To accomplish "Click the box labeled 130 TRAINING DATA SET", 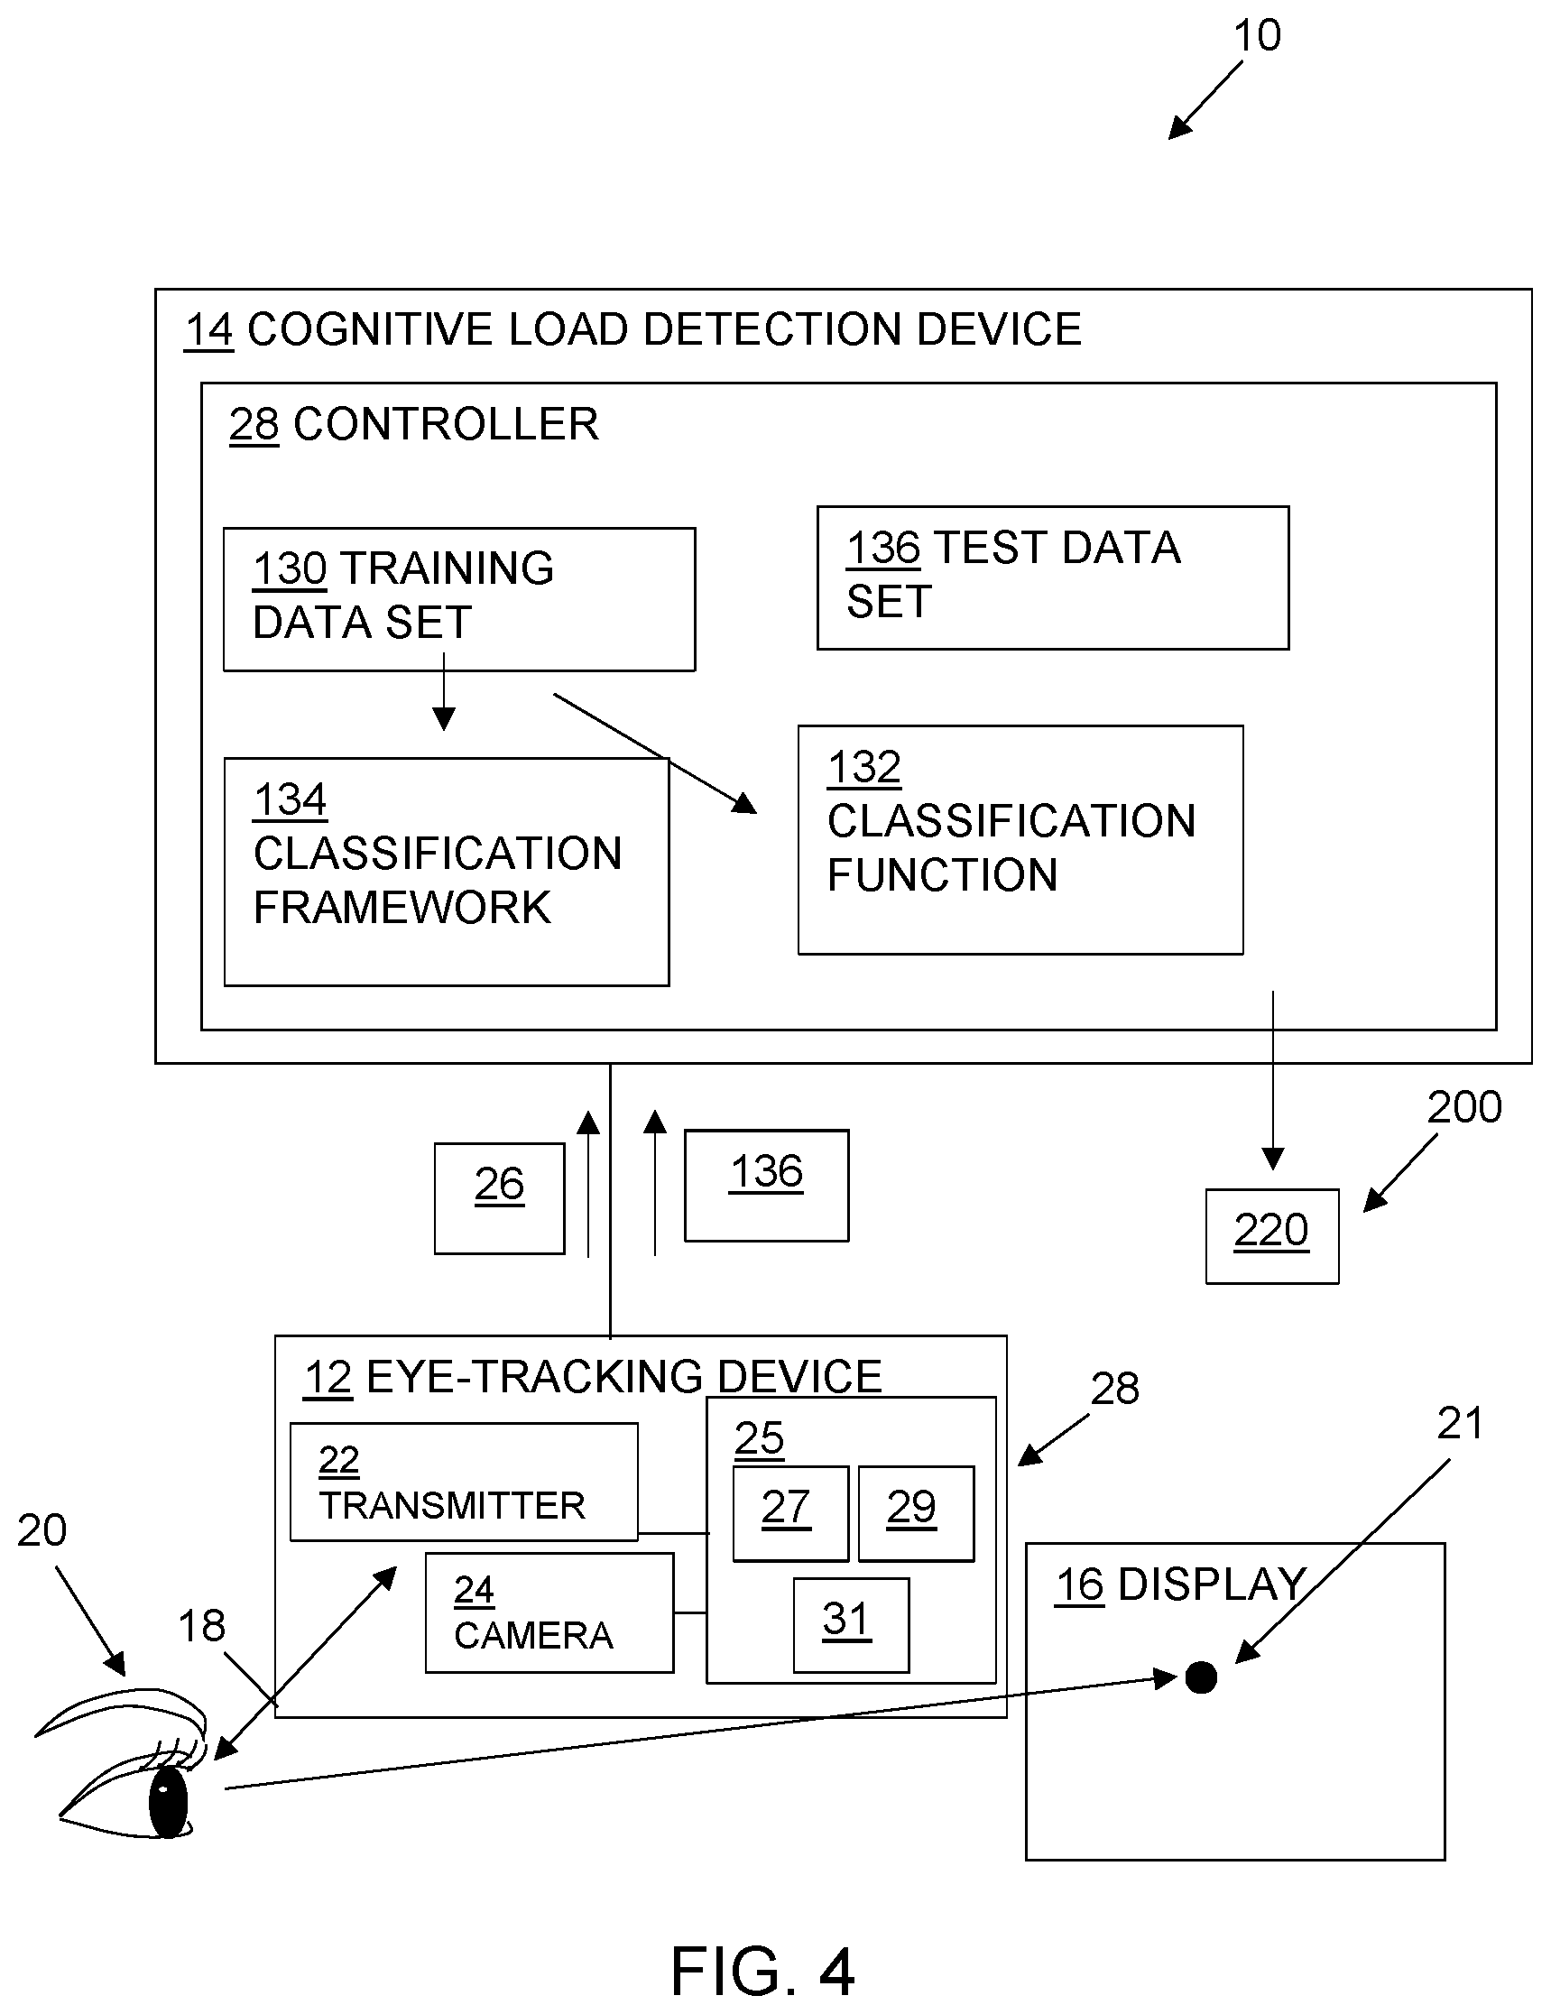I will [458, 598].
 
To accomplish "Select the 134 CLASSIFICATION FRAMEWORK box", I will [447, 872].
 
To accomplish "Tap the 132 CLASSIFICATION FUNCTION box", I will [1020, 839].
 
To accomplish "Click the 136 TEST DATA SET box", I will [1052, 577].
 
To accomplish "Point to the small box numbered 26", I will [499, 1197].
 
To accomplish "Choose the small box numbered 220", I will [1271, 1235].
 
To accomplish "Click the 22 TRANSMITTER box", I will [464, 1482].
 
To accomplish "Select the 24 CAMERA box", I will [549, 1612].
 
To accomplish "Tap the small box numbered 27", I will [789, 1512].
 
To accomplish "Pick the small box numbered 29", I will [916, 1512].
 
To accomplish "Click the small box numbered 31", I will [850, 1624].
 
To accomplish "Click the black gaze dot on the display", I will [1201, 1677].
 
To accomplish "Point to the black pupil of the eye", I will [168, 1801].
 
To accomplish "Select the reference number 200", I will [1464, 1107].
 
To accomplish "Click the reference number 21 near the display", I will [1461, 1423].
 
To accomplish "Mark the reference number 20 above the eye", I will [42, 1530].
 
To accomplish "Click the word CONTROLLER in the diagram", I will [446, 425].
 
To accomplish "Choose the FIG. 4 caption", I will [762, 1971].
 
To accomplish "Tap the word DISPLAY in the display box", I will [1212, 1584].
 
